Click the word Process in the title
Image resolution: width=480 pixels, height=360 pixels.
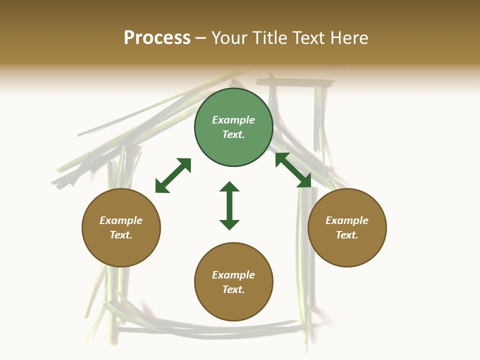click(157, 38)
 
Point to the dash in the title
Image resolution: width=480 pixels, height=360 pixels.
click(200, 38)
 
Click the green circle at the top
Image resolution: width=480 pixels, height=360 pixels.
click(233, 127)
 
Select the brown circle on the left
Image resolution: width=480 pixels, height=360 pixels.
click(121, 227)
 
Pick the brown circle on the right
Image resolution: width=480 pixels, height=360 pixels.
click(347, 227)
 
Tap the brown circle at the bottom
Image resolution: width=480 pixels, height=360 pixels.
click(233, 281)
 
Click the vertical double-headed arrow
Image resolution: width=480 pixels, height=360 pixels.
click(229, 205)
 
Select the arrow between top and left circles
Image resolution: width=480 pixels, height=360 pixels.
click(173, 175)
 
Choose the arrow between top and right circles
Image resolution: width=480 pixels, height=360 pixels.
click(293, 170)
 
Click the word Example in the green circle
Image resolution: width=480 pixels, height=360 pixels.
click(233, 120)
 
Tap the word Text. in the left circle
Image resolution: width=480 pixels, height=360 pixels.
click(121, 235)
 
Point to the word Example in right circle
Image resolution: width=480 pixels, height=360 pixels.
click(347, 220)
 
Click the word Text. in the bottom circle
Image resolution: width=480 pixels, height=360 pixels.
click(233, 289)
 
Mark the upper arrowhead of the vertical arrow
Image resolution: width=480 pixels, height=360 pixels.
click(229, 186)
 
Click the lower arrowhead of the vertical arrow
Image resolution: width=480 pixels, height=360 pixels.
click(229, 225)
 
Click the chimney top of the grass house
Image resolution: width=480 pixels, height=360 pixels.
click(295, 82)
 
